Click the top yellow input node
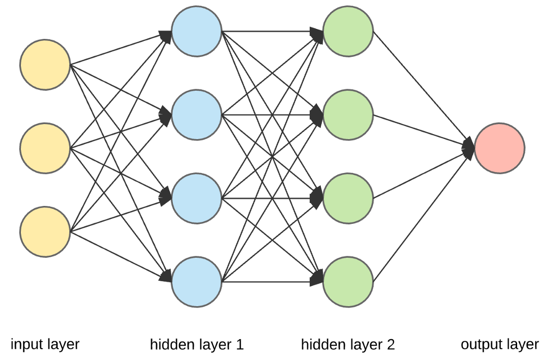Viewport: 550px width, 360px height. [x=45, y=65]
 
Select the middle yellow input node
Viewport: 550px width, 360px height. [x=45, y=149]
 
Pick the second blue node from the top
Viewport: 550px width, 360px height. [x=196, y=115]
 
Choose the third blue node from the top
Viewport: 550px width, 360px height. [x=196, y=198]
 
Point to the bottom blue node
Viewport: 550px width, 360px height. [x=196, y=281]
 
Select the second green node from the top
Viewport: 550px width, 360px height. [x=348, y=115]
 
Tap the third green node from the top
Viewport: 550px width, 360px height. [x=348, y=198]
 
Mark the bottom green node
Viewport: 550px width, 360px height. [x=348, y=281]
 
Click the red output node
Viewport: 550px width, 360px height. [x=499, y=149]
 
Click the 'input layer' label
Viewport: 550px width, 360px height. [x=45, y=344]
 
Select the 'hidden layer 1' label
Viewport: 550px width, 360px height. [x=197, y=344]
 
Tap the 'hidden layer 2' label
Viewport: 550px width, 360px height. [x=348, y=344]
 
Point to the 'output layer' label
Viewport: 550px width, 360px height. [x=499, y=344]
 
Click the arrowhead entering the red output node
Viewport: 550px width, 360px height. [x=468, y=148]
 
